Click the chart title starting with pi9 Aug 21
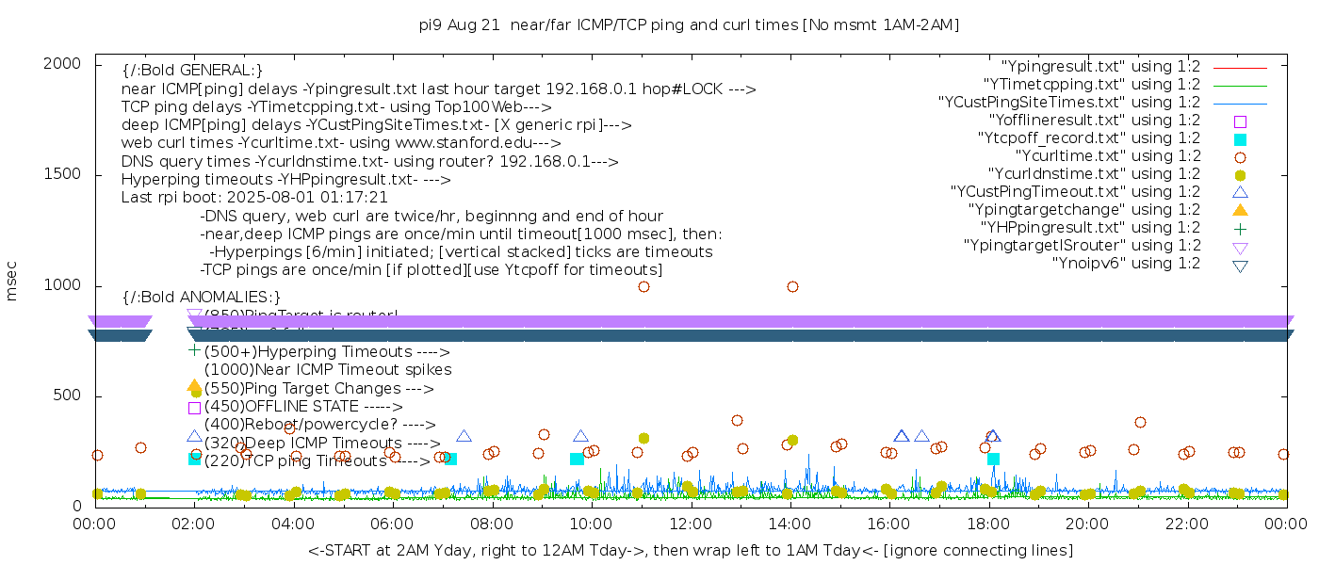coord(689,25)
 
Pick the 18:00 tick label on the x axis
coord(988,525)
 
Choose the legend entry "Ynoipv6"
coord(1126,264)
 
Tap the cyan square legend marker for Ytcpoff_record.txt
coord(1240,139)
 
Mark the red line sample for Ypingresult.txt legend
coord(1240,68)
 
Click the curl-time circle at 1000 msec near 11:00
coord(643,286)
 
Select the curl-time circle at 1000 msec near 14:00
coord(792,286)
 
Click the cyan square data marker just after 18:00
coord(993,459)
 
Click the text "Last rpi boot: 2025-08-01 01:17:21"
coord(254,198)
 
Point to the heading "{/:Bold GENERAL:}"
coord(192,71)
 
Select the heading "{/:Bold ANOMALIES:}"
coord(202,298)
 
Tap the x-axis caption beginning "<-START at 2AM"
coord(690,550)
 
